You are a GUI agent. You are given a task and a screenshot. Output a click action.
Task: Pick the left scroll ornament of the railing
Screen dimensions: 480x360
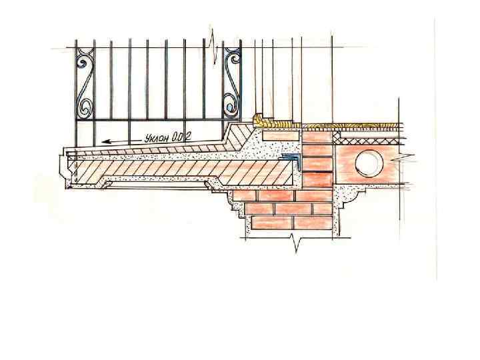click(x=85, y=84)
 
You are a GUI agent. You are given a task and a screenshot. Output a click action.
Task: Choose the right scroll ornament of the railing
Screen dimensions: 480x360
click(x=231, y=84)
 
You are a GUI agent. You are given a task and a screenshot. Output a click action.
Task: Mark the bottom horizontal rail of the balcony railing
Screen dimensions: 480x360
click(x=153, y=120)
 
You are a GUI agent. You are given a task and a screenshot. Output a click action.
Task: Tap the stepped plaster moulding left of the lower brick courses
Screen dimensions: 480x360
click(x=236, y=210)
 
